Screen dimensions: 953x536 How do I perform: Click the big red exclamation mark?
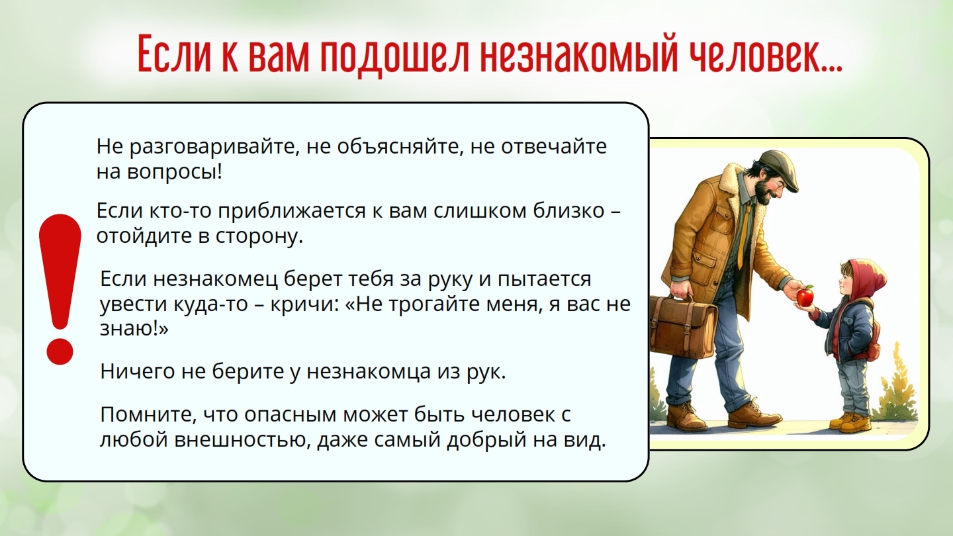click(x=60, y=289)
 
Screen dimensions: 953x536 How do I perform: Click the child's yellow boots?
click(x=851, y=421)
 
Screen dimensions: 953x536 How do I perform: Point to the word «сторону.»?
click(x=259, y=236)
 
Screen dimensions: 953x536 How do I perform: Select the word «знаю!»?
click(x=134, y=328)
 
